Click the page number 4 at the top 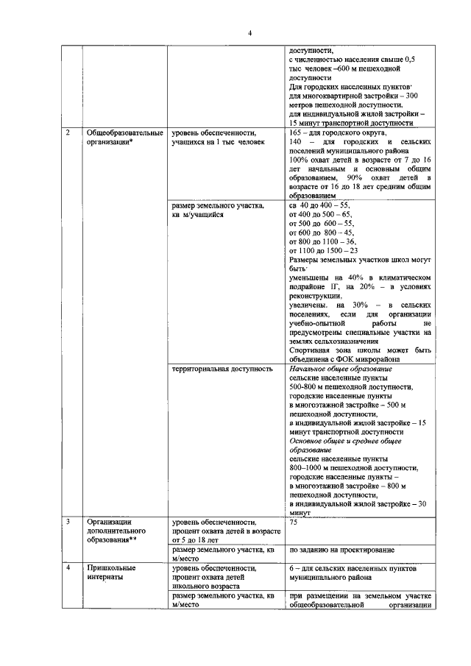click(x=249, y=33)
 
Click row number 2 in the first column click(x=68, y=132)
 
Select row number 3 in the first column click(x=68, y=522)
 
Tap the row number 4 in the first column click(x=68, y=568)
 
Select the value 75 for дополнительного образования click(x=294, y=522)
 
